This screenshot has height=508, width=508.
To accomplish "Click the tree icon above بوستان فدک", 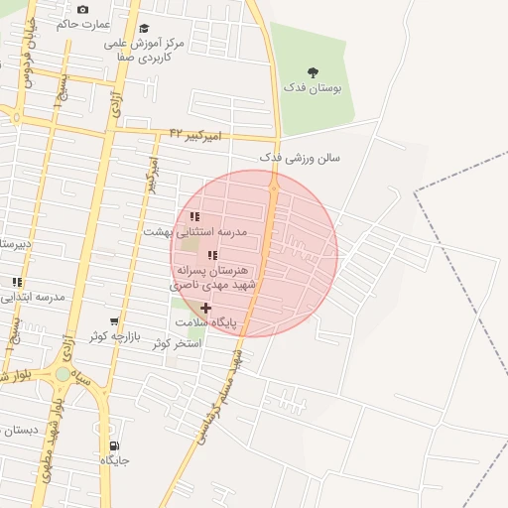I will (x=314, y=72).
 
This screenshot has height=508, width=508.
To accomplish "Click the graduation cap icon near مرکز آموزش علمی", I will (x=145, y=29).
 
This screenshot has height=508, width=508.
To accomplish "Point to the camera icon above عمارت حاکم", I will (x=82, y=9).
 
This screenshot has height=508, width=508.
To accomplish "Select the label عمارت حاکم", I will (x=83, y=24).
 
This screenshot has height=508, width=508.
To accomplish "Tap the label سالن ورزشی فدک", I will (x=300, y=158).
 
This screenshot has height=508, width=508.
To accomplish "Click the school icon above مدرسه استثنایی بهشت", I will (x=195, y=216).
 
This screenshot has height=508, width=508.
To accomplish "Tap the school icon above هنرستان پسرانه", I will (x=213, y=255).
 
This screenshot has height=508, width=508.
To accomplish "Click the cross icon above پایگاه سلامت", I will (x=205, y=308).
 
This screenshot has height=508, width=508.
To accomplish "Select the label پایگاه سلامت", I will (x=206, y=323).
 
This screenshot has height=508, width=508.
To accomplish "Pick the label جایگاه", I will (x=114, y=461).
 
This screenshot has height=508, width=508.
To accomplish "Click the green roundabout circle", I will (x=63, y=374).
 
